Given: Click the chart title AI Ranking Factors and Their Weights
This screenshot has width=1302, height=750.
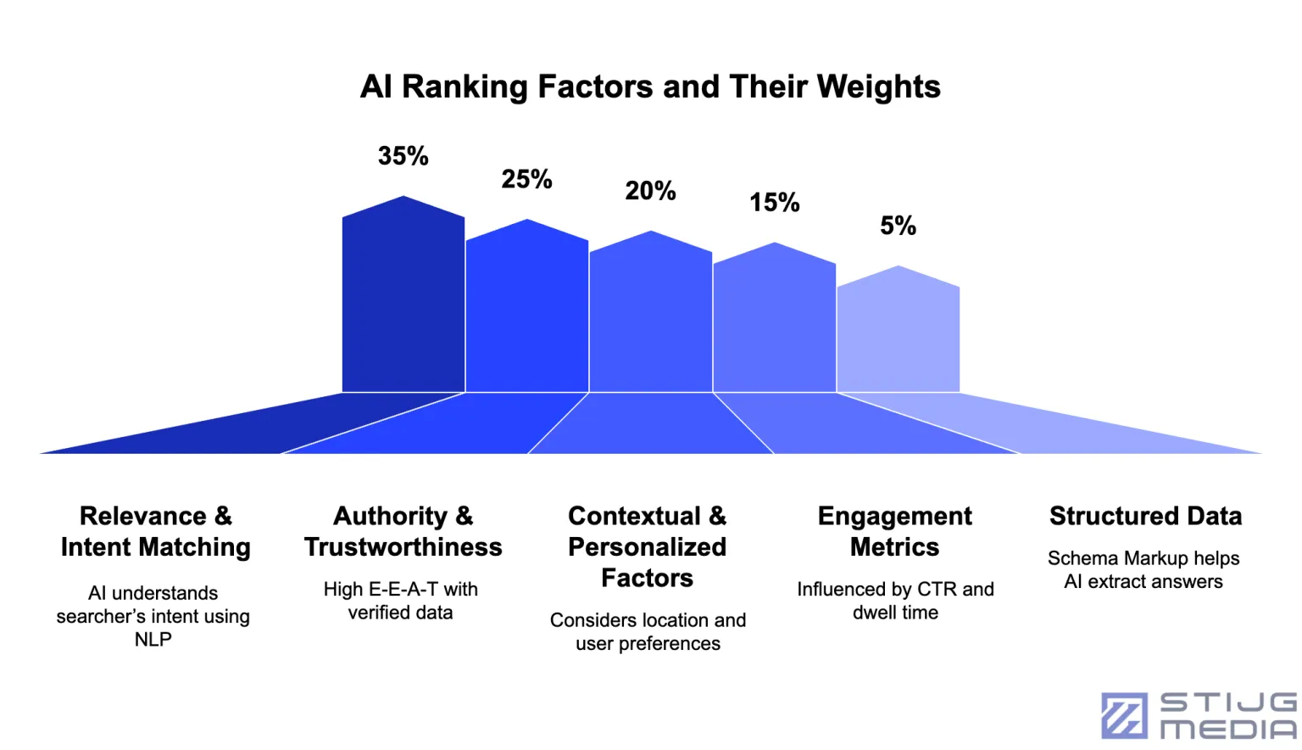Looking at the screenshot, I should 650,87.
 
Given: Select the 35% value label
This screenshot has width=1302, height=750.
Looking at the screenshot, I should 403,156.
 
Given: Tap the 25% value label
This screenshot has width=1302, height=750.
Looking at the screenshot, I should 526,179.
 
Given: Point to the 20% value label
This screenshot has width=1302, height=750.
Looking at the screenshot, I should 650,191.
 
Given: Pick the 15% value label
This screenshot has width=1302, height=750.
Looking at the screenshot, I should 774,203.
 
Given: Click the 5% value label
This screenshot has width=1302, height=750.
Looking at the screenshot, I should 898,226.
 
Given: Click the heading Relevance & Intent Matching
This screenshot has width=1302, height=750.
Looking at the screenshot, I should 155,531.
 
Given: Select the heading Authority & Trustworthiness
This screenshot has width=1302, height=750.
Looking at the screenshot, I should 403,531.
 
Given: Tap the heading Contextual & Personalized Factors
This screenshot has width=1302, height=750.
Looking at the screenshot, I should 648,546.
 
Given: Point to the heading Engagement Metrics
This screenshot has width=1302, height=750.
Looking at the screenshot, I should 895,531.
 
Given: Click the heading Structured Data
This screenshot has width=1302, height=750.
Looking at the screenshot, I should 1145,516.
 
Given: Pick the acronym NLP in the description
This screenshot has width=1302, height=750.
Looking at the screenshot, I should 153,640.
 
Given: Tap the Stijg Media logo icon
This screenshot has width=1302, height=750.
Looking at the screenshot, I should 1124,715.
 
